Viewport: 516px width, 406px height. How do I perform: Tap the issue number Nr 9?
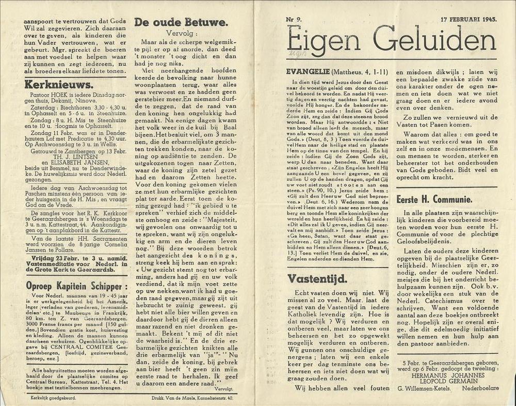(x=296, y=20)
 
